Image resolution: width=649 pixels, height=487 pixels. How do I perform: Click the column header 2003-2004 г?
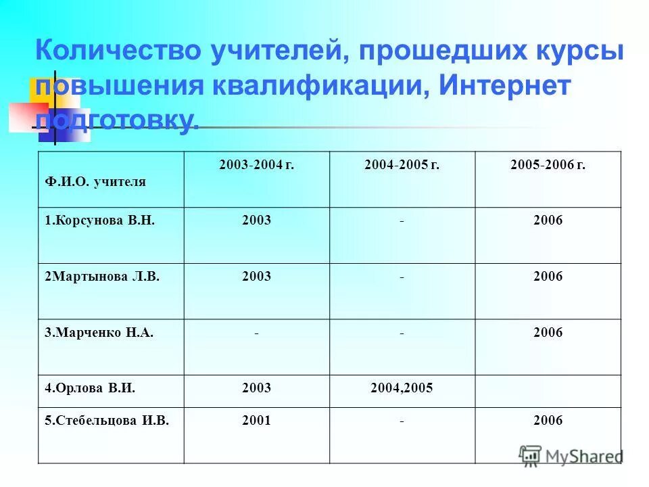point(256,166)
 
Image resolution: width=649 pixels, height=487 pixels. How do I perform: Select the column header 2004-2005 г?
point(402,166)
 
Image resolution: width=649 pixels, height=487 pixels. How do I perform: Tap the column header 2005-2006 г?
point(548,166)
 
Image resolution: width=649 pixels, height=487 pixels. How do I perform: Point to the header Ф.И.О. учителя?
point(95,181)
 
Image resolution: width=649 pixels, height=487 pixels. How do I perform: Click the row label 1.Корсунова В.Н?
point(96,221)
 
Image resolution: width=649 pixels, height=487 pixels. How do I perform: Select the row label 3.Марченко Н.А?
point(99,332)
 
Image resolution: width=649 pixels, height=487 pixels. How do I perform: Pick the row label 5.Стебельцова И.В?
point(107,421)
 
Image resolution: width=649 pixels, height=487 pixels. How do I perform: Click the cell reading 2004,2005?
point(402,388)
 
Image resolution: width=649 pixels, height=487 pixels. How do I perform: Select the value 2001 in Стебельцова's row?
point(256,421)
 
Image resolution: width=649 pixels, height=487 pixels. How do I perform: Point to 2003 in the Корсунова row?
point(256,221)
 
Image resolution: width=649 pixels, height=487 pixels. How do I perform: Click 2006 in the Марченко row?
point(548,332)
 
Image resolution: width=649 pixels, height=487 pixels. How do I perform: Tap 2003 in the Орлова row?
point(256,388)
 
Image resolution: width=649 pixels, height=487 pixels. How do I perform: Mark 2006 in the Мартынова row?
point(548,276)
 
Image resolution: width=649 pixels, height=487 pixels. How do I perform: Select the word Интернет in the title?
point(496,86)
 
